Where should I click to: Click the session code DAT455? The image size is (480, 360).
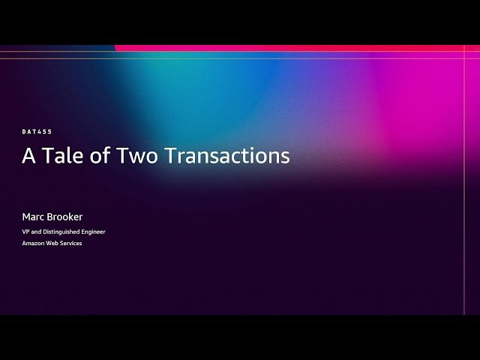[x=37, y=132]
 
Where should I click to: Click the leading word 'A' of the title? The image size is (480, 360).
[x=28, y=155]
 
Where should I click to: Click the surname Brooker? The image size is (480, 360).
[x=64, y=217]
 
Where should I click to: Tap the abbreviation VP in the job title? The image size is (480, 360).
[x=26, y=232]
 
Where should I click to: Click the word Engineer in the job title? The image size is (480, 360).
[x=92, y=232]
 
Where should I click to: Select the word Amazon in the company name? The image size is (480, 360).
[x=33, y=243]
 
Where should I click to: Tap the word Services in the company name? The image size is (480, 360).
[x=71, y=243]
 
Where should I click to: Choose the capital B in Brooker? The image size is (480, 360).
[x=50, y=217]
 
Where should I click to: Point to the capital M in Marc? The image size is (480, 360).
[x=26, y=217]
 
